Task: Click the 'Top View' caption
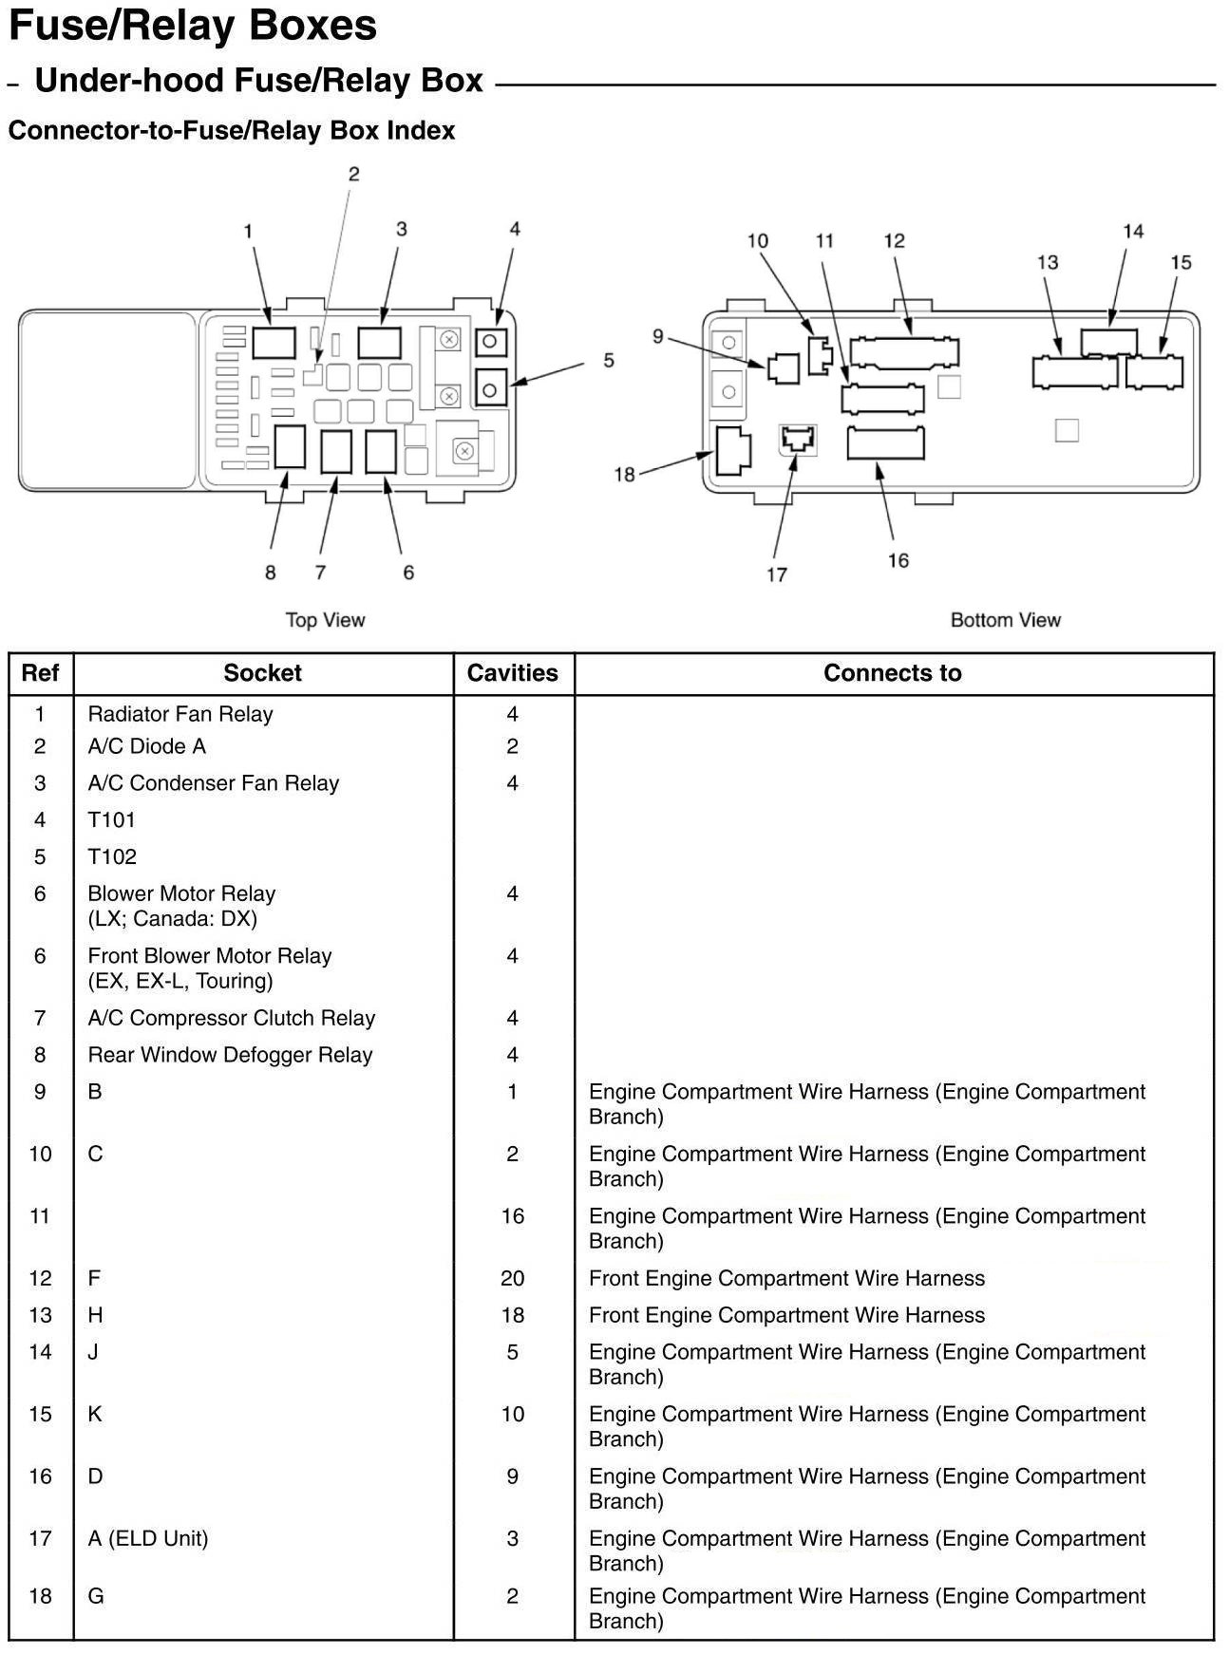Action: (x=325, y=620)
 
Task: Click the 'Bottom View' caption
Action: (x=1005, y=620)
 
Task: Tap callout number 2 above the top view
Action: (x=354, y=174)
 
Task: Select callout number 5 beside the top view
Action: (x=609, y=361)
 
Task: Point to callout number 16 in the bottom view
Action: (x=898, y=560)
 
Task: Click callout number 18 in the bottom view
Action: (x=624, y=474)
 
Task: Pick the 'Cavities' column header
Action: (x=513, y=673)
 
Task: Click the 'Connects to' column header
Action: (x=892, y=673)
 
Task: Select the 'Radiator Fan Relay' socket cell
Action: (x=180, y=714)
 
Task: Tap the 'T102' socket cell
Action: (x=112, y=856)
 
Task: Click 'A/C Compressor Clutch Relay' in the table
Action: (x=232, y=1018)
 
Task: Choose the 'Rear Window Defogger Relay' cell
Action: (x=230, y=1055)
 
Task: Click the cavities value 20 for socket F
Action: (x=513, y=1278)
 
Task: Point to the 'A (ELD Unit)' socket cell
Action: (x=148, y=1538)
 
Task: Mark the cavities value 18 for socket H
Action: (x=513, y=1315)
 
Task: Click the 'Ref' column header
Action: (x=40, y=673)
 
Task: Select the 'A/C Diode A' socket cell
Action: (x=146, y=746)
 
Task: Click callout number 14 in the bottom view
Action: (x=1133, y=231)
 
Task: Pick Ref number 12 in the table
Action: (x=40, y=1278)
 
